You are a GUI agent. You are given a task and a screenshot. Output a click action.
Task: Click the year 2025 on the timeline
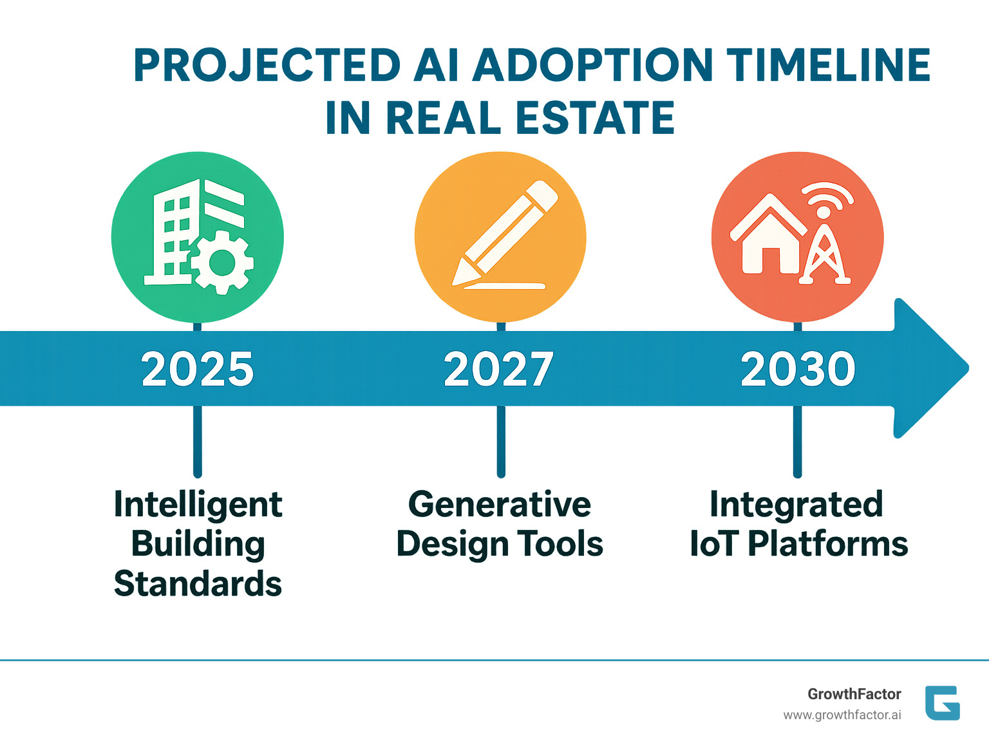[198, 369]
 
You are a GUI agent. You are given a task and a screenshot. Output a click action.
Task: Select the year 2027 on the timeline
[498, 369]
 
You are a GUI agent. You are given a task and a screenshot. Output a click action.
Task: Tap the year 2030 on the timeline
[798, 369]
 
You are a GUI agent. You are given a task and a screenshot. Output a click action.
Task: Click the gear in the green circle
[221, 262]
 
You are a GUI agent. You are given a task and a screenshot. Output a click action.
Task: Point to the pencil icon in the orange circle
[505, 234]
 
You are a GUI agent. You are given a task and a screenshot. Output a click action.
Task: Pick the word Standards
[198, 583]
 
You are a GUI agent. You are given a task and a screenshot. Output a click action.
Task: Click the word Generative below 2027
[499, 505]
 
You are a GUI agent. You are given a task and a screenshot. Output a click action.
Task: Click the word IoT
[714, 544]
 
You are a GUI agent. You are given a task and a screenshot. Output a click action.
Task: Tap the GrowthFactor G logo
[943, 703]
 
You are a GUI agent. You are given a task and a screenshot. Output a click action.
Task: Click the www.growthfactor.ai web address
[842, 715]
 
